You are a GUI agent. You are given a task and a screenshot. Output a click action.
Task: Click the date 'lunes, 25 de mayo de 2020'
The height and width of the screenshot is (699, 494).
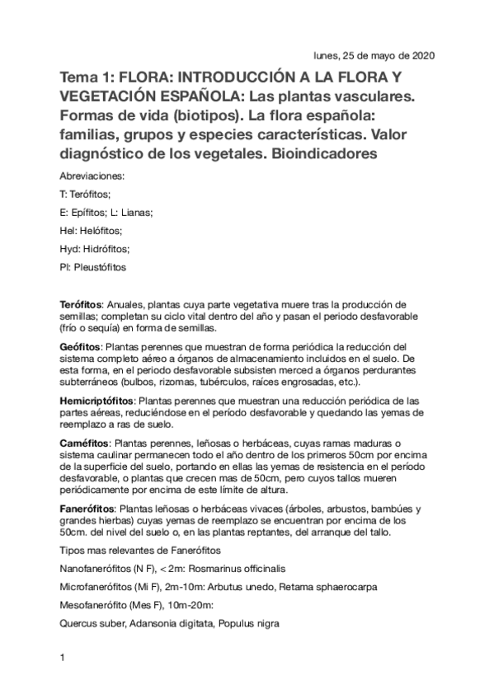pyautogui.click(x=374, y=56)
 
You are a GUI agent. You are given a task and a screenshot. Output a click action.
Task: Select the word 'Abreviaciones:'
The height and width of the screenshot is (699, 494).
pyautogui.click(x=93, y=176)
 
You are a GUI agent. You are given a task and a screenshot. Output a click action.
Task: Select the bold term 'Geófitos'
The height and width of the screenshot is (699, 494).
pyautogui.click(x=80, y=347)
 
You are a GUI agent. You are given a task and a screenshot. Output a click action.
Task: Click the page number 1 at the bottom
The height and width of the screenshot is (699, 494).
pyautogui.click(x=63, y=659)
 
